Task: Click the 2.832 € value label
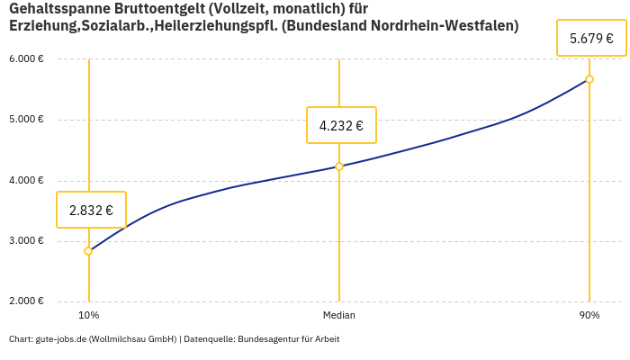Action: point(91,211)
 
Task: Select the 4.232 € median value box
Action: point(341,126)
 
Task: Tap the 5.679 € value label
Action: point(591,39)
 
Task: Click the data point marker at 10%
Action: point(88,251)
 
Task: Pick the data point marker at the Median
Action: point(339,166)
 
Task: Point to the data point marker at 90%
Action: point(589,79)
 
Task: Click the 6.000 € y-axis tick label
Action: point(26,59)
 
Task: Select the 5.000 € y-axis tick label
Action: point(26,120)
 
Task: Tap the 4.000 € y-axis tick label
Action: point(26,181)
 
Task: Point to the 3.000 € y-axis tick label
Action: point(26,241)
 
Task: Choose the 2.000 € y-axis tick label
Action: point(26,301)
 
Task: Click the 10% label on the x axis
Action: point(88,316)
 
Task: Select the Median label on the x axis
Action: point(339,316)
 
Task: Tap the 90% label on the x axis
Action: point(589,316)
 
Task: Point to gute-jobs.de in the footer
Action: point(60,339)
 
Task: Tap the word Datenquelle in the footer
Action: point(209,339)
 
